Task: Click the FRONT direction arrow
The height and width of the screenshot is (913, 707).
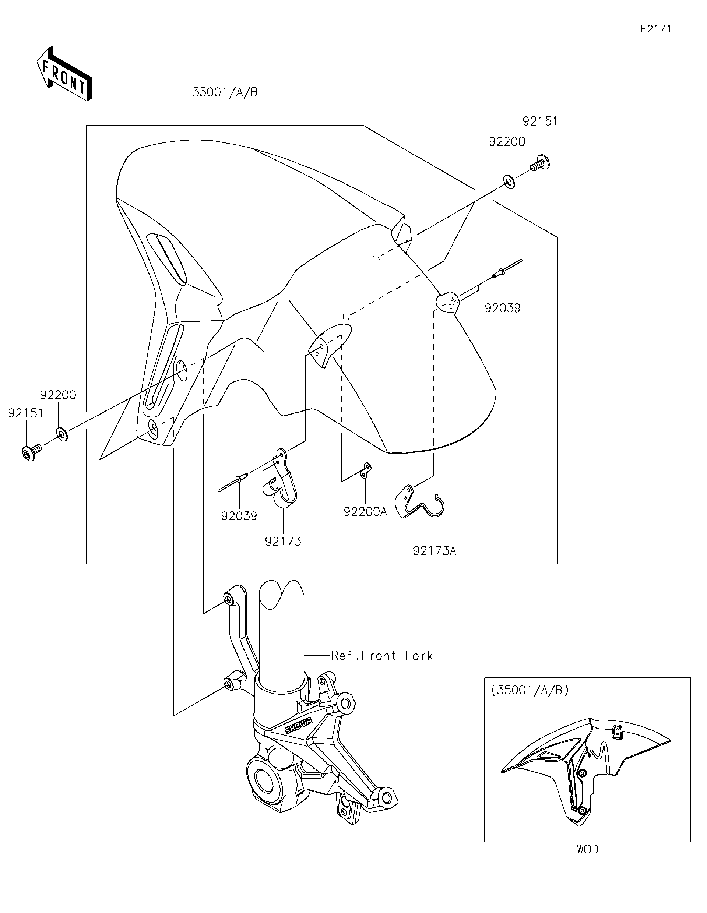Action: (64, 74)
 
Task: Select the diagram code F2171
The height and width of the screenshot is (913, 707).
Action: (655, 29)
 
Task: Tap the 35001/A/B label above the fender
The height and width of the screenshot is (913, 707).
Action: (225, 92)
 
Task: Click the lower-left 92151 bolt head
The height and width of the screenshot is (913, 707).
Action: (28, 453)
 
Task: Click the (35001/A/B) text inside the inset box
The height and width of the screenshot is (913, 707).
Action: (530, 690)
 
